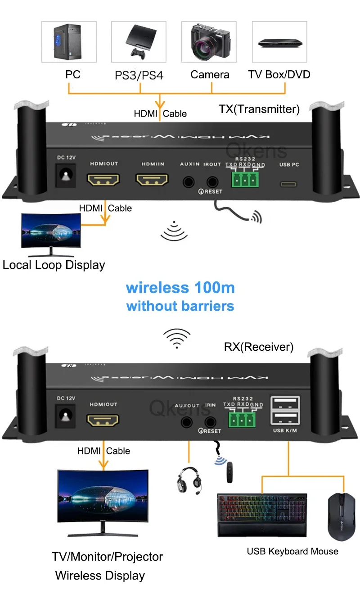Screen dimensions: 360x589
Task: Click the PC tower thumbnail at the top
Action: coord(69,41)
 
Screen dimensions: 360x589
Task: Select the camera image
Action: coord(210,41)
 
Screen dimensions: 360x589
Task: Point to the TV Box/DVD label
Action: coord(279,74)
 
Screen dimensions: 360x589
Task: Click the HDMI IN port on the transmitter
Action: coord(152,181)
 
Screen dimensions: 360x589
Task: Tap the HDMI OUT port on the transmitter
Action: coord(103,181)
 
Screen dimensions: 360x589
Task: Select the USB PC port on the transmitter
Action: coord(289,184)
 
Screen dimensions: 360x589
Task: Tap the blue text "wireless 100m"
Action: coord(180,287)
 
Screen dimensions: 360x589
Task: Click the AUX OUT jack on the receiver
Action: coord(187,422)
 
